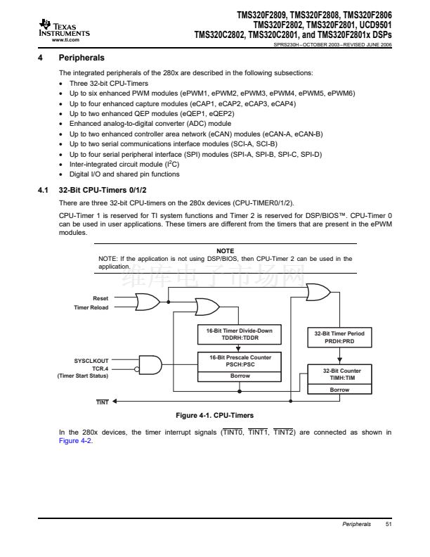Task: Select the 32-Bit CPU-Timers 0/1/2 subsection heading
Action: click(x=105, y=190)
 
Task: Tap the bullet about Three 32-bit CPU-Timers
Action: click(x=98, y=83)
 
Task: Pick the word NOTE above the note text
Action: click(x=225, y=250)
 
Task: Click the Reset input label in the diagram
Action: click(x=100, y=298)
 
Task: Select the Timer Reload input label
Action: click(x=91, y=307)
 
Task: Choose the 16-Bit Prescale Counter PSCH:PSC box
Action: click(x=240, y=361)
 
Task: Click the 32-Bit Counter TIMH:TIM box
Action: click(x=339, y=374)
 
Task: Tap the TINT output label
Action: click(x=102, y=402)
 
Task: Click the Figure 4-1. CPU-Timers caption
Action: click(x=214, y=415)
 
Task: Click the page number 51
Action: click(x=389, y=525)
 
